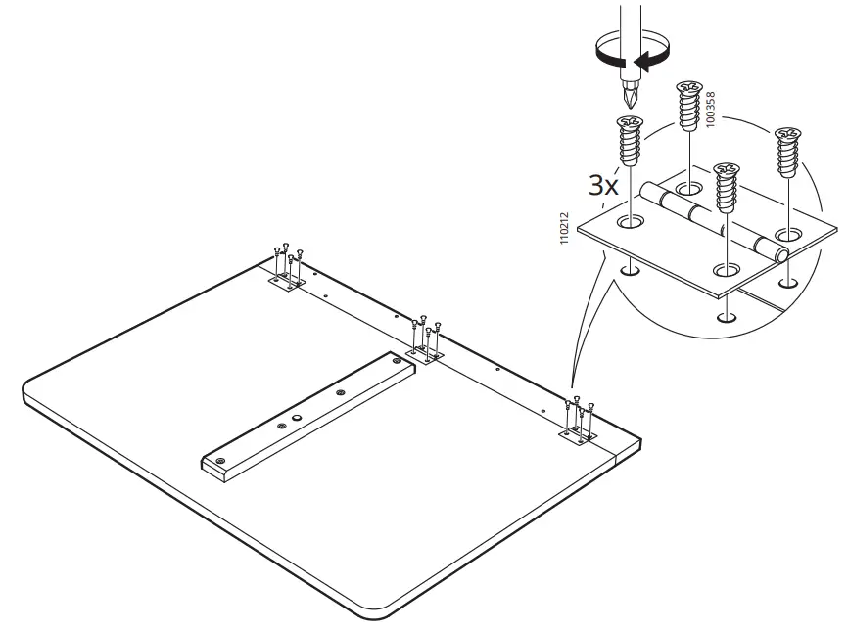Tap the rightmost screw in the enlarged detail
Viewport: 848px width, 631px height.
pyautogui.click(x=786, y=152)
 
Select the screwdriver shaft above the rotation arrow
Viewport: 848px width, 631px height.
pyautogui.click(x=628, y=20)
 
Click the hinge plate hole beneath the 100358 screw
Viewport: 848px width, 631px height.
pyautogui.click(x=688, y=187)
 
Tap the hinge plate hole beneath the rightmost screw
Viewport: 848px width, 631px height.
pyautogui.click(x=786, y=235)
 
